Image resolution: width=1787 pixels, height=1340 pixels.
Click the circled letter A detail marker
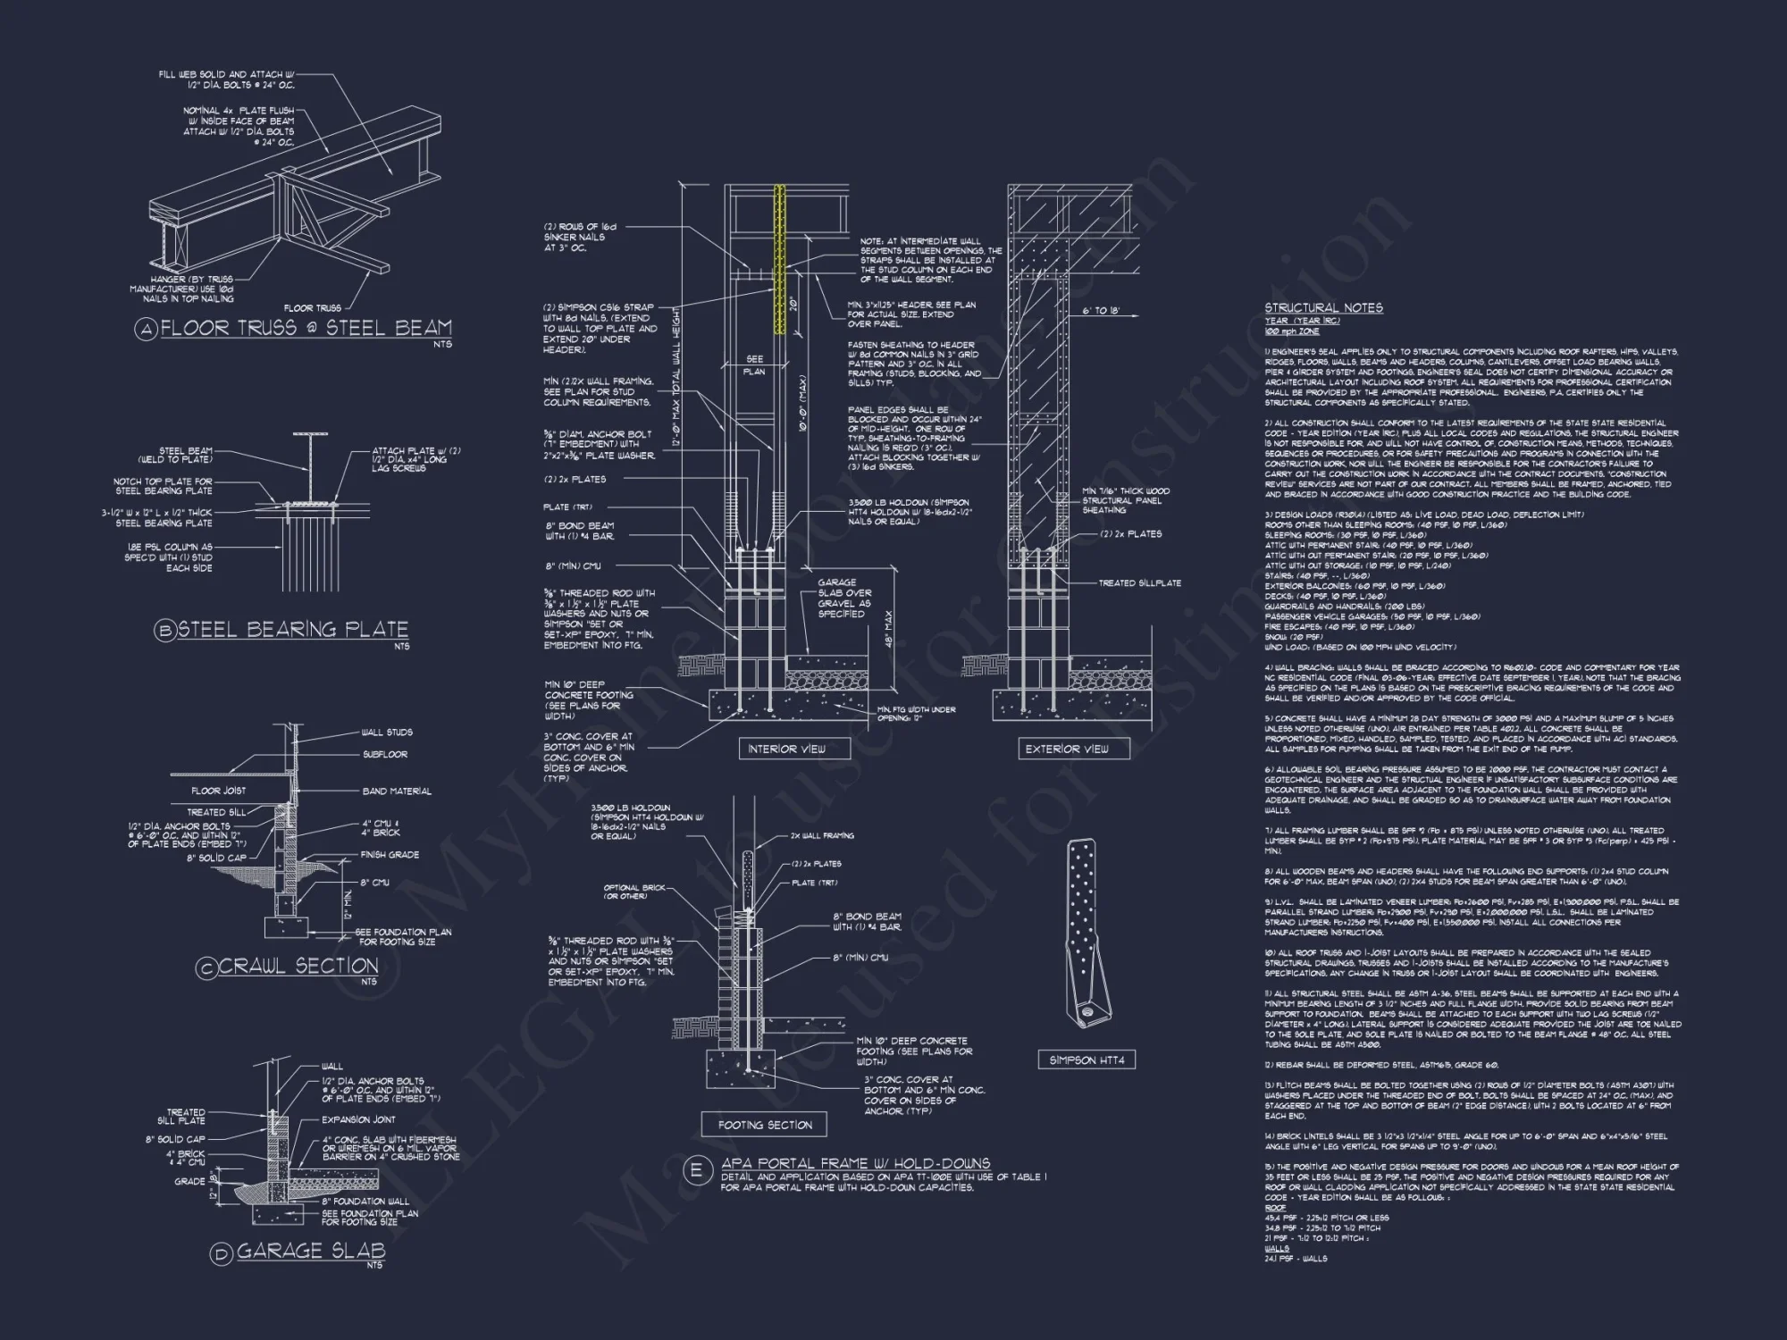146,329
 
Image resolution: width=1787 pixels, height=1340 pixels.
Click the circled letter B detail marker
165,631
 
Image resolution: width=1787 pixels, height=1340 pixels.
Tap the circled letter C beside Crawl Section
206,967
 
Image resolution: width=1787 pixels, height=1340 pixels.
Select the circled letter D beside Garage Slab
221,1254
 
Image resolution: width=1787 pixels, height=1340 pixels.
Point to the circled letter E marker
697,1170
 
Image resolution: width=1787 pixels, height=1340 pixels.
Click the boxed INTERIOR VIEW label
786,749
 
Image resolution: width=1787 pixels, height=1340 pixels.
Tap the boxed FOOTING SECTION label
765,1125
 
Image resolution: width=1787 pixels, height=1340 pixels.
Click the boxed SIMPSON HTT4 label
1086,1059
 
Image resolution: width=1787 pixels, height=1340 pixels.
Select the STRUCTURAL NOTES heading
1323,307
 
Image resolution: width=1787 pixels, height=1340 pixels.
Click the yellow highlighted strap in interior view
780,259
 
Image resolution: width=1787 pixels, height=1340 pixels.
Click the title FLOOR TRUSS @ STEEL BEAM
306,328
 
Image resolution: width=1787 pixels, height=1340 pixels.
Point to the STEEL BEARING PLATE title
293,629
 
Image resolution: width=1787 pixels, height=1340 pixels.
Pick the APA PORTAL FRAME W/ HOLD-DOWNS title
856,1163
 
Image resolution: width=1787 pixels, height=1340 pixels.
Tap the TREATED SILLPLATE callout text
1139,582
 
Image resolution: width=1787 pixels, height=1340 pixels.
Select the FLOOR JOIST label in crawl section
218,791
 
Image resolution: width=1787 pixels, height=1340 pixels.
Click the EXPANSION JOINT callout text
358,1119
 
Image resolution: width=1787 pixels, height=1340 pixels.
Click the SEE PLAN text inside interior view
755,364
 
